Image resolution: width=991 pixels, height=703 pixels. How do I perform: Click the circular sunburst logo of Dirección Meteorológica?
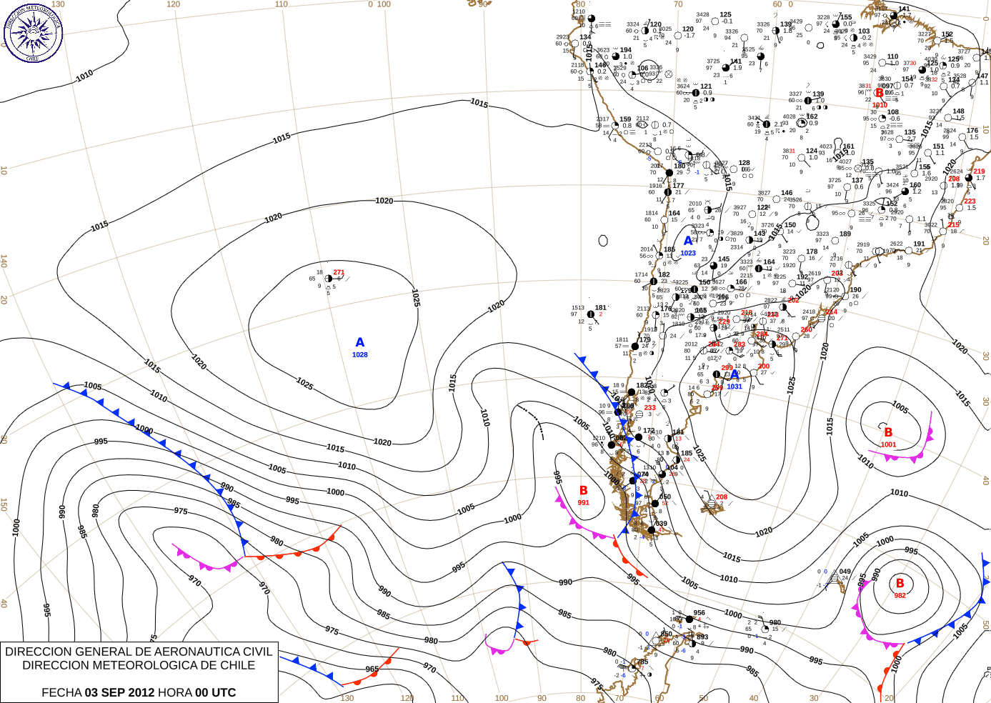pyautogui.click(x=33, y=32)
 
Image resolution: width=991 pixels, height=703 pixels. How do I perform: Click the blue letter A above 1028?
pyautogui.click(x=360, y=343)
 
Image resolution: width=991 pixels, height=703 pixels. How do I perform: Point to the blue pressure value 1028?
pyautogui.click(x=360, y=355)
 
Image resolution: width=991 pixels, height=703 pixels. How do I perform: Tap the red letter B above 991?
pyautogui.click(x=584, y=491)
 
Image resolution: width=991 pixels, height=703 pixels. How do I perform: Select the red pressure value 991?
pyautogui.click(x=584, y=503)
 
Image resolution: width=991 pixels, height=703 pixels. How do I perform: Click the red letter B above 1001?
pyautogui.click(x=888, y=432)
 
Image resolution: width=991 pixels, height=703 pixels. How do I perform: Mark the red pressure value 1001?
pyautogui.click(x=888, y=444)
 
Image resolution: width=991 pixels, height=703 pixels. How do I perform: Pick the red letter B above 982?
pyautogui.click(x=900, y=584)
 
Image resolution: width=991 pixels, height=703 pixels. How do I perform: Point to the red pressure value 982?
pyautogui.click(x=900, y=596)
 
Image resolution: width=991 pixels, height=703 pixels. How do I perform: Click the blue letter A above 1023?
pyautogui.click(x=688, y=241)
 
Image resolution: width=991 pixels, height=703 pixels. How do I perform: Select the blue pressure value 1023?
pyautogui.click(x=688, y=253)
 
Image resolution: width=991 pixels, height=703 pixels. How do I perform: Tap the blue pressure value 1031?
pyautogui.click(x=734, y=387)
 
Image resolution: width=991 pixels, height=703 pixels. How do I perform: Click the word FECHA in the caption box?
pyautogui.click(x=61, y=692)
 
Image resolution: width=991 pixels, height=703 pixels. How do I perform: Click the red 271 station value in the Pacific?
pyautogui.click(x=339, y=272)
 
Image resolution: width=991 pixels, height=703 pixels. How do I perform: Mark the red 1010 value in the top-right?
pyautogui.click(x=880, y=105)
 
